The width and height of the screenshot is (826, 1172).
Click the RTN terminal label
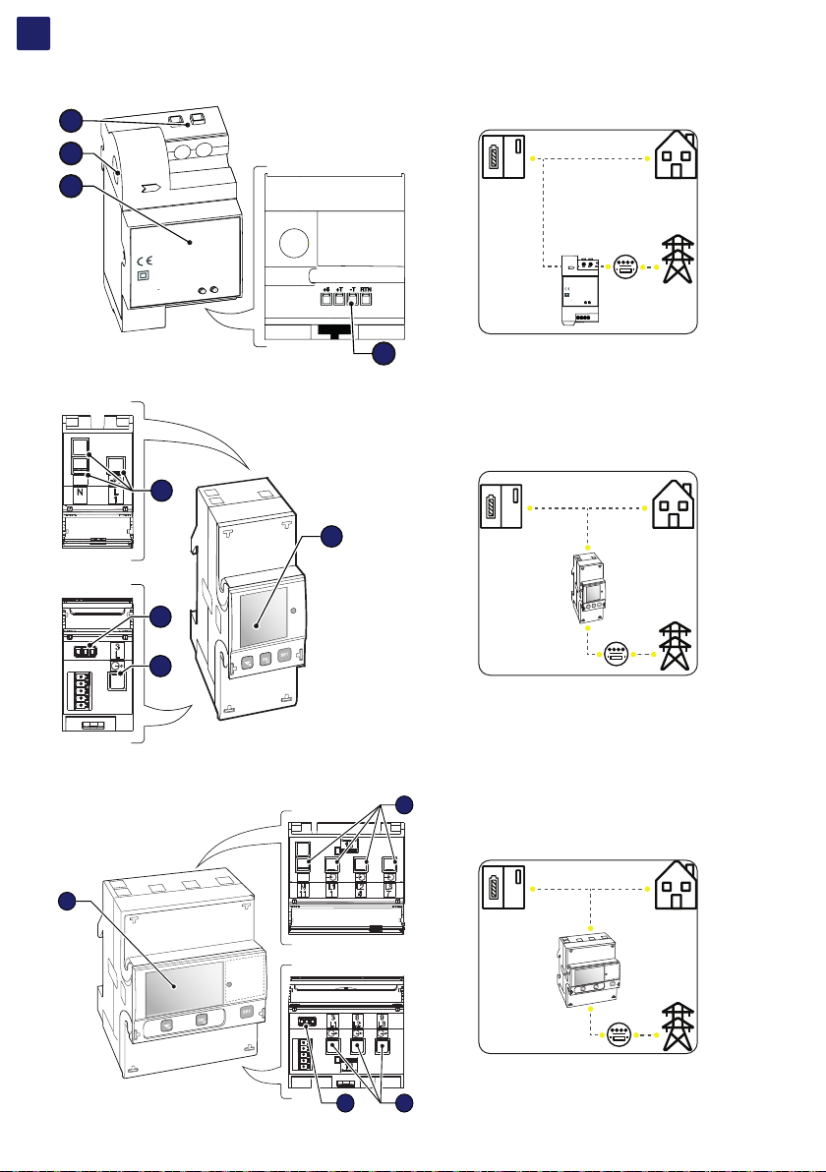coord(365,289)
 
